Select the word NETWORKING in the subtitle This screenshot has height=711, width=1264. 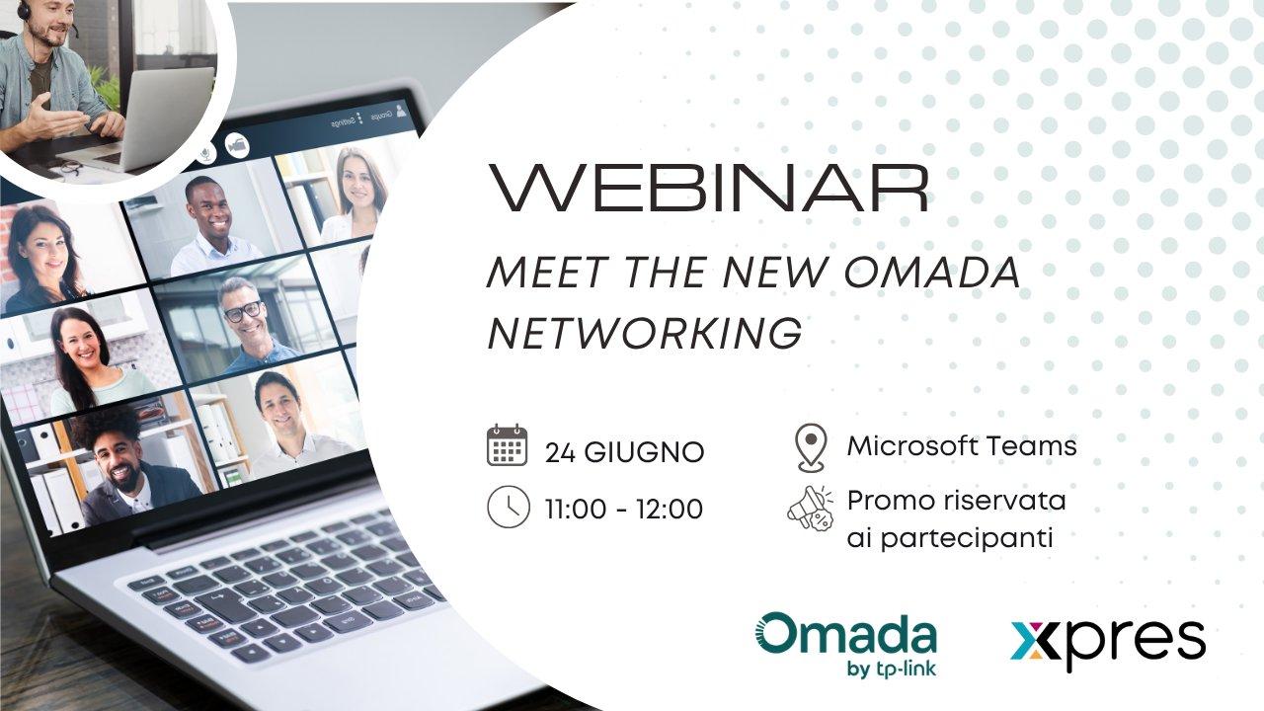click(x=645, y=333)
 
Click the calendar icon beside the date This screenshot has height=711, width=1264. click(x=508, y=445)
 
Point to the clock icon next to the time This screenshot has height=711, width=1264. click(x=509, y=507)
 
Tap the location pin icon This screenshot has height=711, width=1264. click(x=812, y=447)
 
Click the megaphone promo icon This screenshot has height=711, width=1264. click(x=811, y=509)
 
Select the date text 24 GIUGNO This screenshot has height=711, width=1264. click(x=625, y=452)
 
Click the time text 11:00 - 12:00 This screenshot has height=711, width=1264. click(x=624, y=509)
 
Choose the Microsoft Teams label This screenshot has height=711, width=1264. click(x=962, y=445)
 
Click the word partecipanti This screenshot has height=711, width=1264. click(x=967, y=539)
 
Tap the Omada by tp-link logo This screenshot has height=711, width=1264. click(x=846, y=645)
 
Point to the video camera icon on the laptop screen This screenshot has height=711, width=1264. click(x=238, y=145)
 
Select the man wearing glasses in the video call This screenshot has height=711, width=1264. click(x=248, y=325)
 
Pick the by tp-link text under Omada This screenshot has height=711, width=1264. click(x=892, y=669)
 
